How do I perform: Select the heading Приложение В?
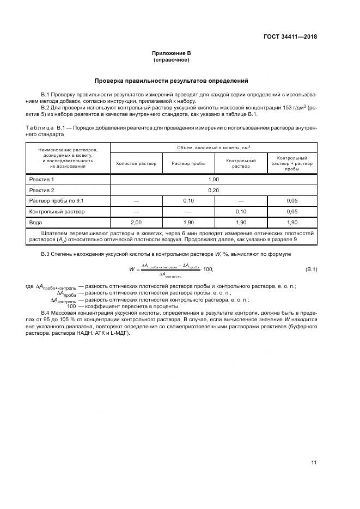coord(171,53)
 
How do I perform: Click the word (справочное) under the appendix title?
coord(171,60)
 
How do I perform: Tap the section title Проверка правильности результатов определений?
coord(171,81)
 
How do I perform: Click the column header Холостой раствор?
coord(136,164)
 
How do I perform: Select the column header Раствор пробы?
coord(188,164)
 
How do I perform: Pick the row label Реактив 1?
coord(42,179)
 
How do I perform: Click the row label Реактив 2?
coord(42,190)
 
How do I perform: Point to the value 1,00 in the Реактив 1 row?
coord(213,179)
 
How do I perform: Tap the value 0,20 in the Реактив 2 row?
coord(213,190)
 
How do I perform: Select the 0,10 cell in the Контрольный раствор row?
coord(241,211)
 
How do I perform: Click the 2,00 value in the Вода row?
coord(136,223)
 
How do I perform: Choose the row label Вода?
coord(35,223)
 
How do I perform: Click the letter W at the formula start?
coord(132,269)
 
